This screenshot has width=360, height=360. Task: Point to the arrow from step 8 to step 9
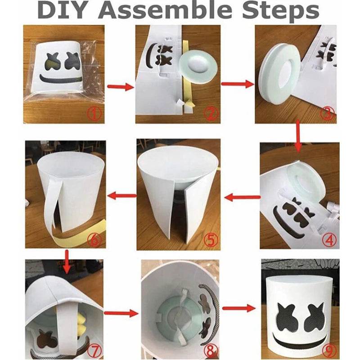point(237,309)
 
